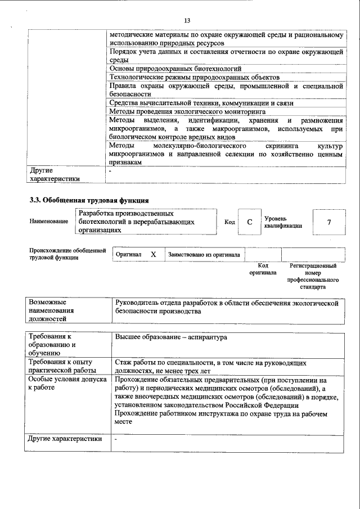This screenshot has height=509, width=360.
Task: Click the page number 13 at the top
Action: point(188,21)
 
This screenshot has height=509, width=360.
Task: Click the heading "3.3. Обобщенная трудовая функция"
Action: point(89,200)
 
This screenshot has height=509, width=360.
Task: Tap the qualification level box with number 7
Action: point(328,222)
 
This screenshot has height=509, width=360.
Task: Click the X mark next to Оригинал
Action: point(153,255)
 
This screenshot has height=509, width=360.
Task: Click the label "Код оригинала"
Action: point(263,269)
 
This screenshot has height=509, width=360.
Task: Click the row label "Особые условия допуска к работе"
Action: point(67,384)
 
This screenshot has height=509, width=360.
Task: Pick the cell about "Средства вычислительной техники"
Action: point(201,103)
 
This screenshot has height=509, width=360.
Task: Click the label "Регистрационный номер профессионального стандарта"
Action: point(313,276)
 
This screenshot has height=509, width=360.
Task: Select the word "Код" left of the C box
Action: point(229,222)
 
